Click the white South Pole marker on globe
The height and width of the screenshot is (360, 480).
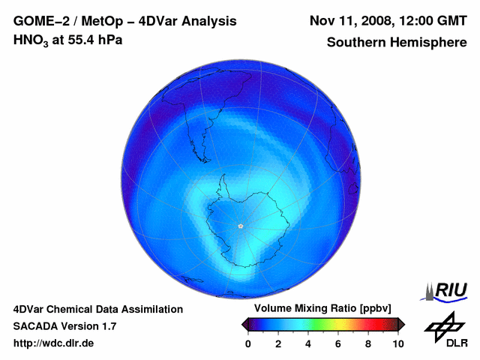(240, 226)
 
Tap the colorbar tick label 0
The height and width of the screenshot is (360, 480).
(248, 343)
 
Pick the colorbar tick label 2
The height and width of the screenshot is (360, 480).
(278, 343)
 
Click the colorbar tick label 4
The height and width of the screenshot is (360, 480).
(308, 343)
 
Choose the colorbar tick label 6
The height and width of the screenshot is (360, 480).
(338, 343)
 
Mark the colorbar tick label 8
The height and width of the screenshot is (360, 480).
(368, 343)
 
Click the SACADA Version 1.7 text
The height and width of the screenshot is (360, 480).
(64, 326)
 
